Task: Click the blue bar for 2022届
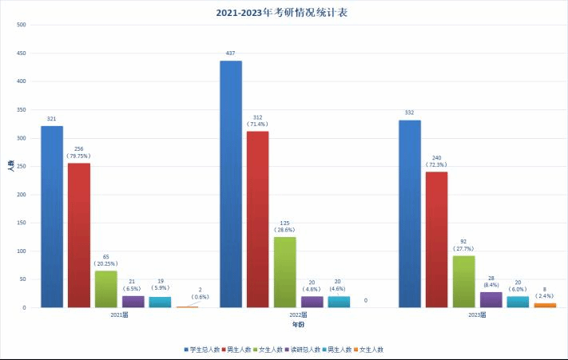pos(231,184)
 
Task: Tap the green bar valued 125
pos(285,271)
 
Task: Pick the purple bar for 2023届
pos(491,299)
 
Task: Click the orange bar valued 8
pos(545,305)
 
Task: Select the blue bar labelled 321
pos(52,216)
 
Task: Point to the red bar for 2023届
pos(436,239)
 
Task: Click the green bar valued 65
pos(105,289)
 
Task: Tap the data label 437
pos(231,53)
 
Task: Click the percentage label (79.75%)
pos(78,156)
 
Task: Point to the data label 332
pos(410,113)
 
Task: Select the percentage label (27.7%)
pos(463,249)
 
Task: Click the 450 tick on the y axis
pos(22,53)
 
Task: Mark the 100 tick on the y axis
pos(22,251)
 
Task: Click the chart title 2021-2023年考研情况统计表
pos(284,13)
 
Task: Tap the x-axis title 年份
pos(297,325)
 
